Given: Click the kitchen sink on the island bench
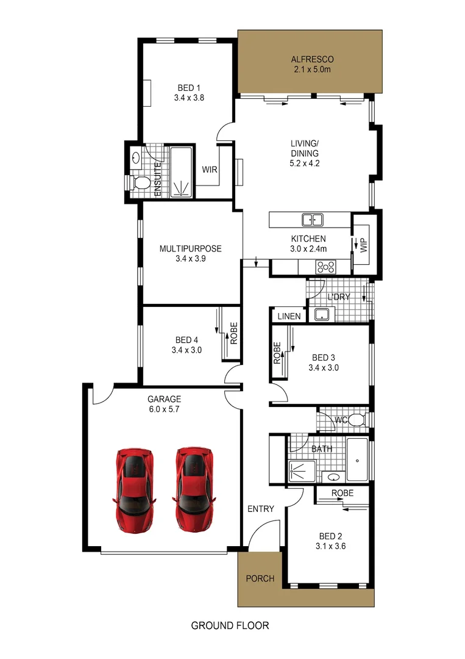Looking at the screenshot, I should (x=313, y=220).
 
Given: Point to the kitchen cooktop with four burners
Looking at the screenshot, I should (x=325, y=267).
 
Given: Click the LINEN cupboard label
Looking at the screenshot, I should (x=289, y=316).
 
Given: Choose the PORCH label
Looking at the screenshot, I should (x=259, y=578).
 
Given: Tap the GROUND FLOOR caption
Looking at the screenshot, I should (x=230, y=625).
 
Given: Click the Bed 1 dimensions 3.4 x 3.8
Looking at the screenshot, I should (x=188, y=96).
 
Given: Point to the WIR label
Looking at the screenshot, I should (x=210, y=169).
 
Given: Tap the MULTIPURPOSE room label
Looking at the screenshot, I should (x=190, y=248).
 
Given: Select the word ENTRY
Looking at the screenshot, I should (x=260, y=509).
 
